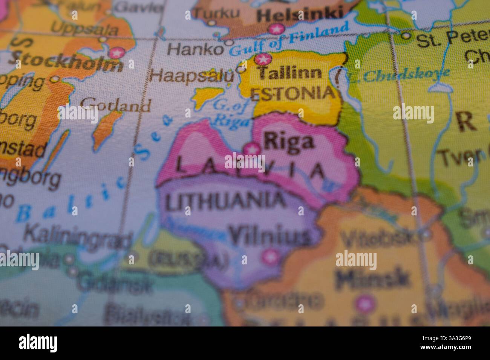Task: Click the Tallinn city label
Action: pos(290,73)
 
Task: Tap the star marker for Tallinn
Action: pos(263,59)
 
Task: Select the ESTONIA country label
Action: pos(292,93)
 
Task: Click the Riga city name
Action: pos(289,142)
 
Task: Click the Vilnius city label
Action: pos(269,236)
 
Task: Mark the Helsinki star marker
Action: pos(276,29)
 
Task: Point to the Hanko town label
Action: pos(195,49)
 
